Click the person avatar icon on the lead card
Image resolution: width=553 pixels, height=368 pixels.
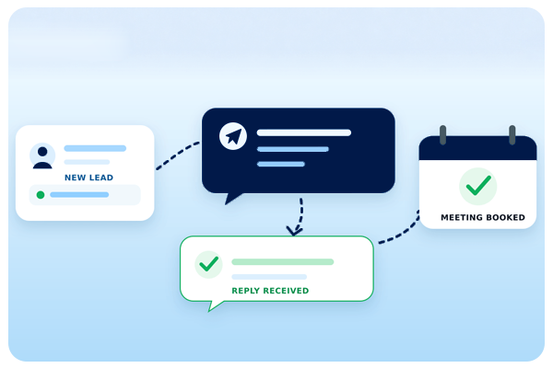[x=42, y=156]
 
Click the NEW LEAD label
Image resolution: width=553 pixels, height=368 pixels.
[x=88, y=178]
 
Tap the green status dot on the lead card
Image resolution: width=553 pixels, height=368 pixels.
[x=41, y=195]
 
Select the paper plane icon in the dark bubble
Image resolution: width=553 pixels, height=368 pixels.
[x=233, y=136]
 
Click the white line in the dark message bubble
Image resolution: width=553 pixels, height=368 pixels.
[x=304, y=132]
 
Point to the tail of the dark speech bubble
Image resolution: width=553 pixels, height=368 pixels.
[x=232, y=198]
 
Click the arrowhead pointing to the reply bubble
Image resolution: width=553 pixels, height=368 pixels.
[x=294, y=231]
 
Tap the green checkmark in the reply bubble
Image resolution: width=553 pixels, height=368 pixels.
[x=209, y=264]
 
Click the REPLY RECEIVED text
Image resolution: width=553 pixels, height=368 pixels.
[x=270, y=291]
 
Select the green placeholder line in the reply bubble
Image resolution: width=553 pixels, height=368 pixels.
[x=283, y=261]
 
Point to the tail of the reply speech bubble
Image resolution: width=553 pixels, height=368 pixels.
[x=214, y=305]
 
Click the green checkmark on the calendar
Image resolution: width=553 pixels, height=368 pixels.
[x=478, y=186]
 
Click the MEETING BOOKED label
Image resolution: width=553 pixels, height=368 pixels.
[x=483, y=217]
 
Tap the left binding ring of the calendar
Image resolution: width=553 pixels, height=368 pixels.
[x=443, y=134]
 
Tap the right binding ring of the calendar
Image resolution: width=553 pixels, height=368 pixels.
[x=512, y=134]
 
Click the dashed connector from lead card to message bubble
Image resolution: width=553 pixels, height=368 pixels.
[x=177, y=154]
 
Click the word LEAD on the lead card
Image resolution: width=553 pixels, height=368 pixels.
[x=101, y=178]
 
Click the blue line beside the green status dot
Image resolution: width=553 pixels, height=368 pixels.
[x=79, y=195]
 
